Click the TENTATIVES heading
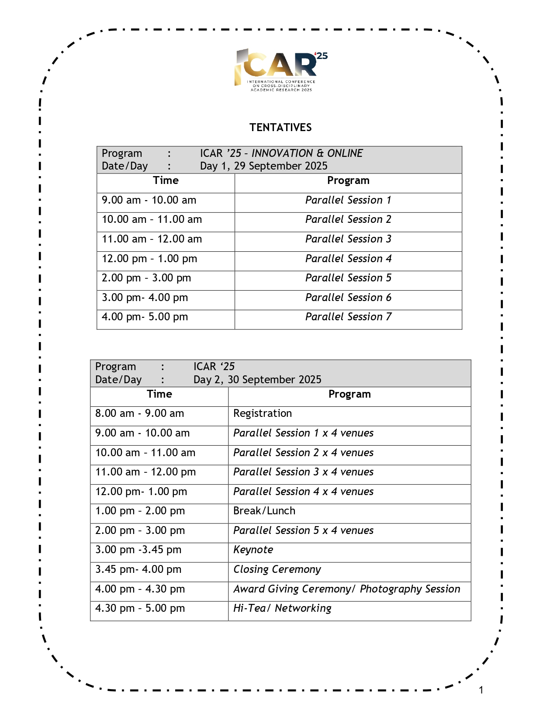(280, 128)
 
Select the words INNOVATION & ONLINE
(307, 153)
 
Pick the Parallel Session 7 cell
(348, 317)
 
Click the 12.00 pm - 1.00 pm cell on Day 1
(149, 259)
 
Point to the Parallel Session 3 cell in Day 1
(348, 239)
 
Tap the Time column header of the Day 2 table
(159, 394)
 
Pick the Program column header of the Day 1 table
(348, 180)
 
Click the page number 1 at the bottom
(481, 690)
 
